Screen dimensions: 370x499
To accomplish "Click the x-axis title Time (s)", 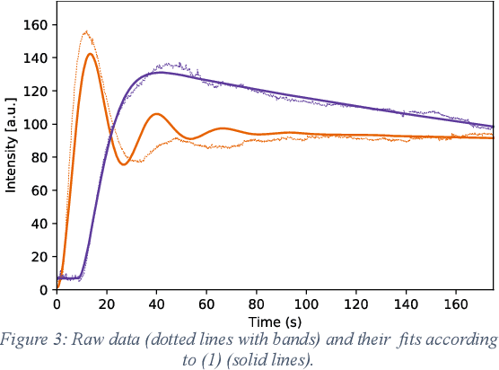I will pyautogui.click(x=275, y=321).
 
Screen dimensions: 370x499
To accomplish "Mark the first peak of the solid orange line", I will pyautogui.click(x=90, y=54).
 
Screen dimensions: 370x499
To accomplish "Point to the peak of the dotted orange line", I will pyautogui.click(x=86, y=32).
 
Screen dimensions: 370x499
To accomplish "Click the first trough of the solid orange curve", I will pyautogui.click(x=124, y=163).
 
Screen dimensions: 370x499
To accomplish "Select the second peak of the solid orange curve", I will pyautogui.click(x=157, y=114).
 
